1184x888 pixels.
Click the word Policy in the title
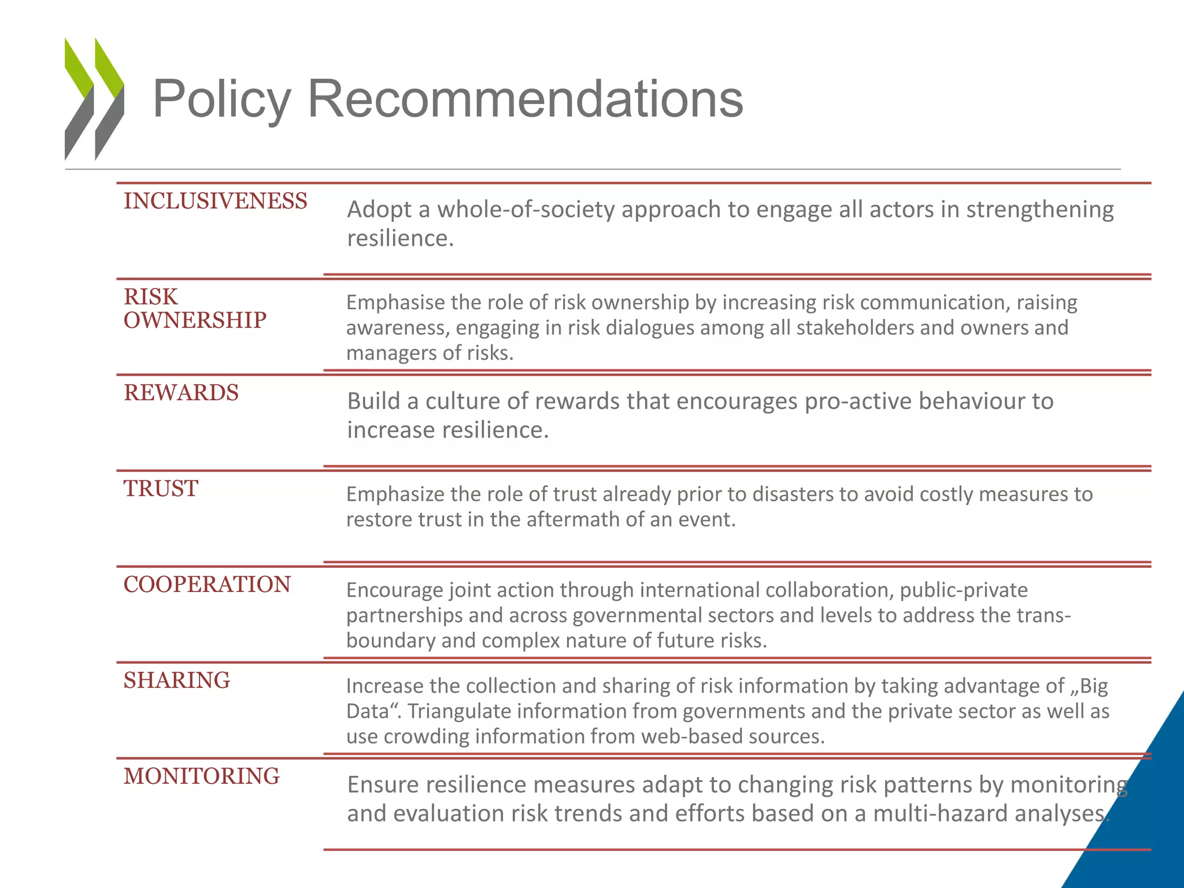pyautogui.click(x=221, y=99)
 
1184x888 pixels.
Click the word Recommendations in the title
pyautogui.click(x=525, y=99)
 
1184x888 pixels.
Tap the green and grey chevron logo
pyautogui.click(x=94, y=99)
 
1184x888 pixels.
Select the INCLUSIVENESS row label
pyautogui.click(x=215, y=201)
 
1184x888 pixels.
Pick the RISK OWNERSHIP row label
pyautogui.click(x=195, y=309)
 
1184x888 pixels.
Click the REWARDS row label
pyautogui.click(x=181, y=393)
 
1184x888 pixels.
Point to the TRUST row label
pyautogui.click(x=161, y=489)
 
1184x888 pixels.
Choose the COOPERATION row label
pyautogui.click(x=207, y=584)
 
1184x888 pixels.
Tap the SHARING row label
pyautogui.click(x=177, y=680)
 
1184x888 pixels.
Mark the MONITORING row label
pyautogui.click(x=201, y=776)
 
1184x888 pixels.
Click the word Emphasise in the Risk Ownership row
pyautogui.click(x=396, y=302)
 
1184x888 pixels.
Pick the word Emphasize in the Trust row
pyautogui.click(x=396, y=494)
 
